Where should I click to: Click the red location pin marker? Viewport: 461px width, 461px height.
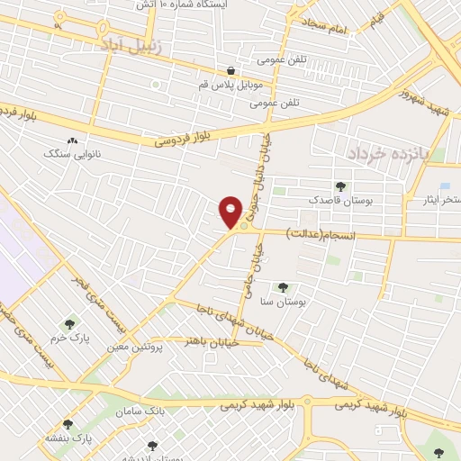(x=230, y=212)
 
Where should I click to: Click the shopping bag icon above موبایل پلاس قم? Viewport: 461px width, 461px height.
(x=231, y=70)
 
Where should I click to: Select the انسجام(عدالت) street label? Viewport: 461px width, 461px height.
(x=321, y=233)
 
